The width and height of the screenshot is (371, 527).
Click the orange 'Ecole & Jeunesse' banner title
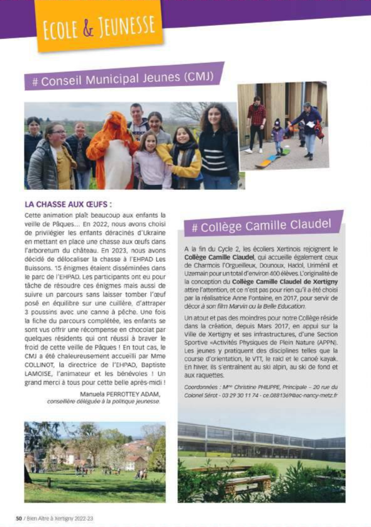point(97,26)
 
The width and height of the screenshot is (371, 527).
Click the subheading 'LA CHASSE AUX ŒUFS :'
point(69,204)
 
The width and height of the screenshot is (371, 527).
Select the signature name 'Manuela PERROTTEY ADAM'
point(120,394)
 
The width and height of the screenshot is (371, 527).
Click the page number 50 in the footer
point(19,518)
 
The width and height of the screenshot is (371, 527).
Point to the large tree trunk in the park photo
point(28,469)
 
